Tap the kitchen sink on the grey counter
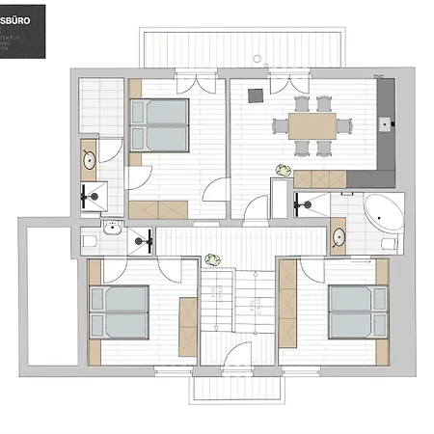(386, 123)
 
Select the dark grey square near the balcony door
(257, 95)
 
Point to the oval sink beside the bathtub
(339, 236)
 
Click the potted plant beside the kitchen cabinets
(283, 169)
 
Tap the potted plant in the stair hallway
(211, 258)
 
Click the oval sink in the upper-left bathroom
(89, 160)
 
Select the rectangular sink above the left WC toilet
(112, 228)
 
